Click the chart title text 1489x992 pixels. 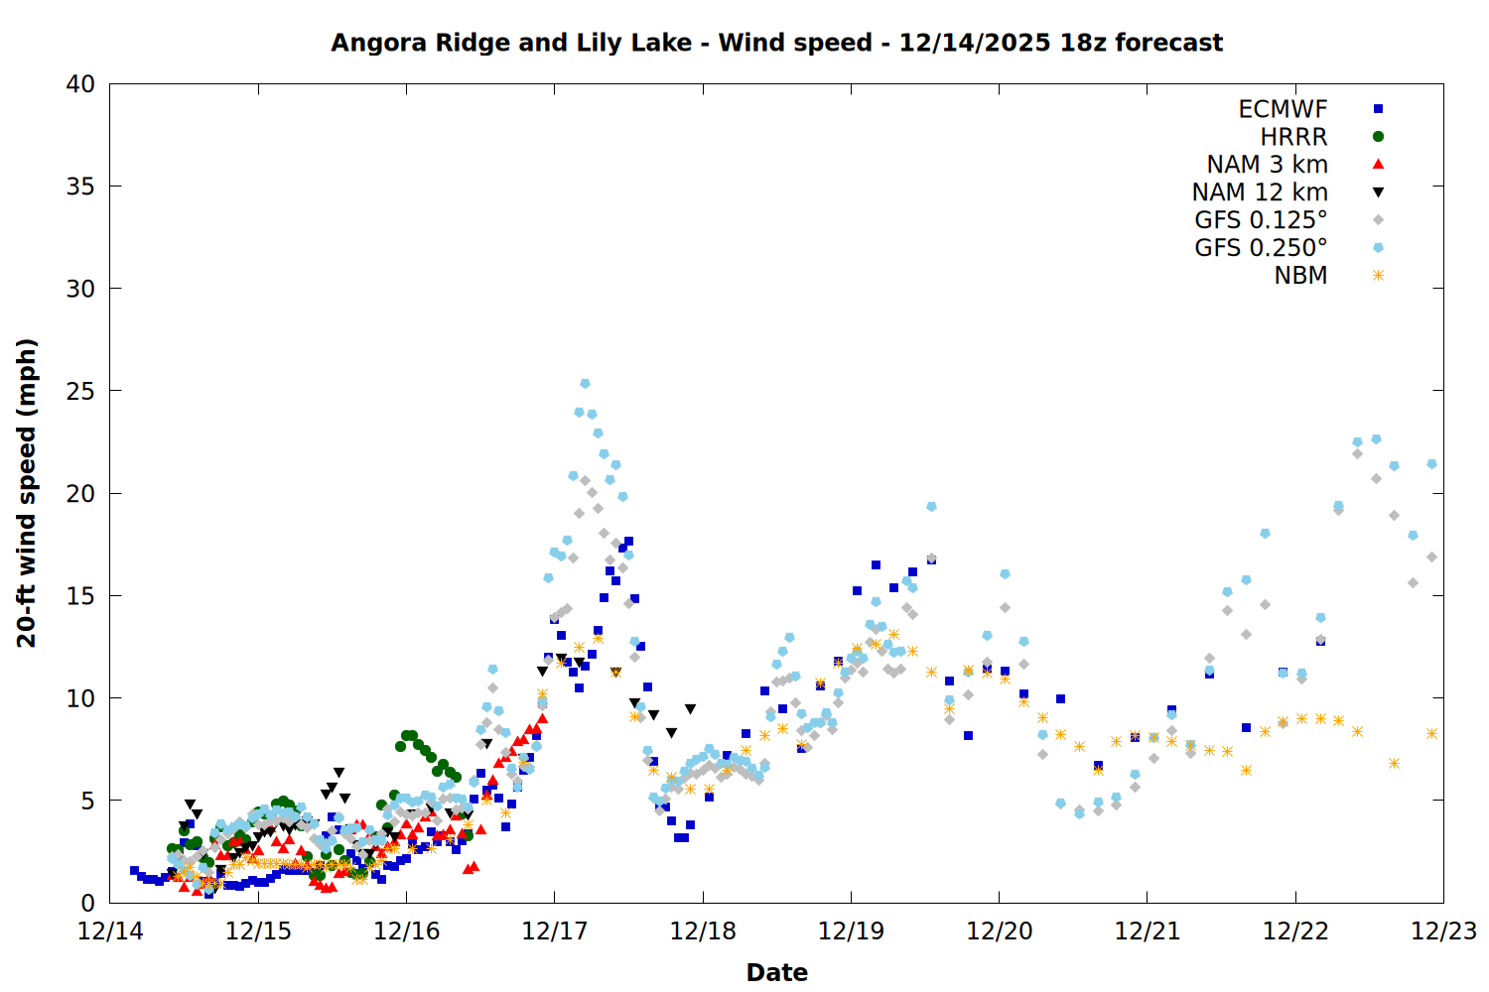(x=776, y=43)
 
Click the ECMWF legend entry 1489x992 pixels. (x=1283, y=109)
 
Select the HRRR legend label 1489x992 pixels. (x=1293, y=137)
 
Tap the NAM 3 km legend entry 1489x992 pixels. (x=1267, y=165)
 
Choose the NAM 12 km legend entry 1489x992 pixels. (x=1260, y=192)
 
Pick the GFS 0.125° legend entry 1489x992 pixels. (x=1261, y=220)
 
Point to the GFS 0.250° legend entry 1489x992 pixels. (x=1261, y=248)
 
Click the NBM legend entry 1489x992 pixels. (x=1300, y=276)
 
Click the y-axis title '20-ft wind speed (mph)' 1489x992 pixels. (x=27, y=493)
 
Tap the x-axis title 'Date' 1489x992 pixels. (x=776, y=972)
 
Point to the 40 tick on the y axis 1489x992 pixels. (x=81, y=84)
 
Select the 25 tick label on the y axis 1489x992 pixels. (x=81, y=391)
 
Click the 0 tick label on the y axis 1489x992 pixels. (x=88, y=903)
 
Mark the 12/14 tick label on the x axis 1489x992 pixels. (x=110, y=931)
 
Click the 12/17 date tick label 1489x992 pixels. (x=554, y=931)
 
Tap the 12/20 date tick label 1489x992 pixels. (x=999, y=931)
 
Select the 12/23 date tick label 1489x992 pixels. (x=1443, y=931)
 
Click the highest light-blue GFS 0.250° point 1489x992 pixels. (x=585, y=383)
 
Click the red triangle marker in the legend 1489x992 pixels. (x=1378, y=165)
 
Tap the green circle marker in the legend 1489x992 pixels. (x=1378, y=137)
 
